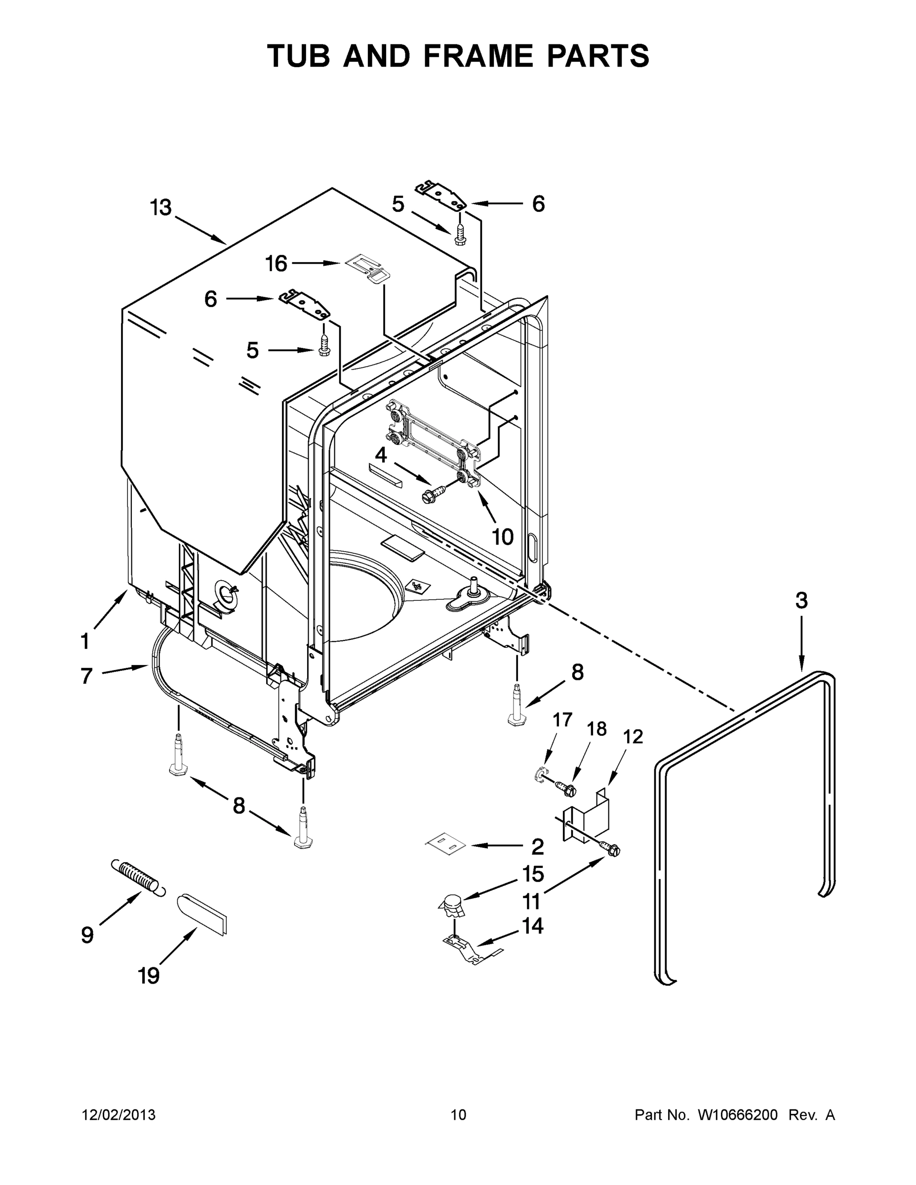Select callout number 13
[161, 208]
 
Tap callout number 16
[276, 264]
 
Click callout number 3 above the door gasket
[801, 600]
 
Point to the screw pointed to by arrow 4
[433, 492]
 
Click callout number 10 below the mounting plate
[503, 537]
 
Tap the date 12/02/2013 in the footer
[119, 1115]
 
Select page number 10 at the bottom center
[459, 1115]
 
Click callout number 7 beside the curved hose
[86, 676]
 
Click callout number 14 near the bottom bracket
[532, 926]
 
